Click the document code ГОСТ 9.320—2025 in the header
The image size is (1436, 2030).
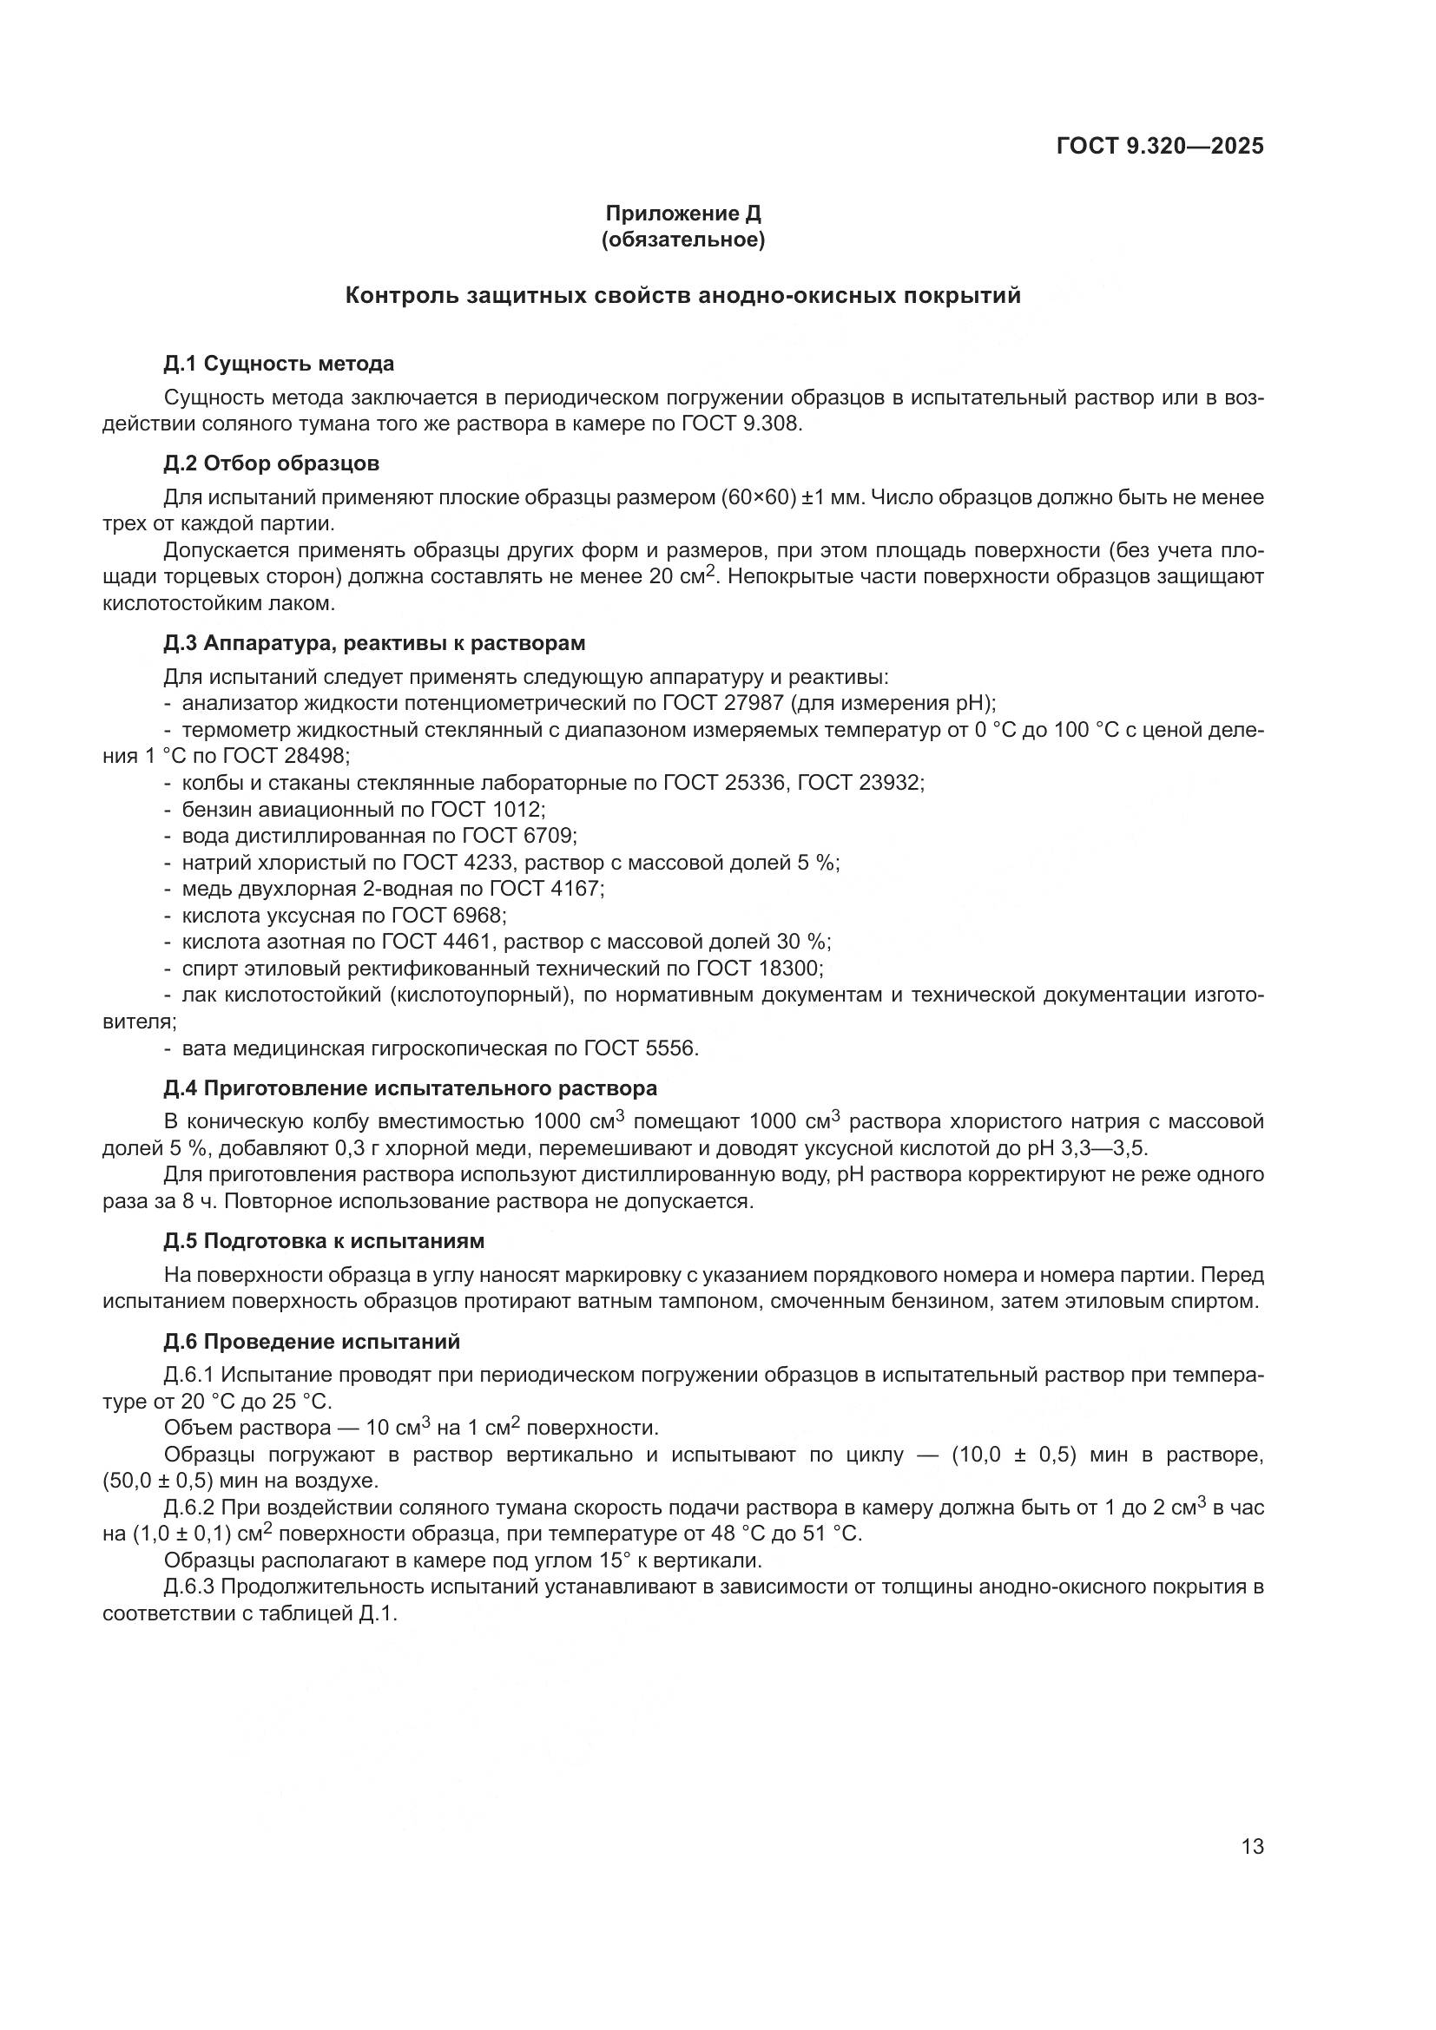[x=1159, y=146]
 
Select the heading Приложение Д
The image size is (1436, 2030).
[x=682, y=214]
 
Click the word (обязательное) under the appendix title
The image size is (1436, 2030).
[x=682, y=240]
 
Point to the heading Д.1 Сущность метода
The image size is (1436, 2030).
[x=279, y=364]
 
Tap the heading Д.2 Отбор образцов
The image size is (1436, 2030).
[x=272, y=463]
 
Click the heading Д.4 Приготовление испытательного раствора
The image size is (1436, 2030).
[x=411, y=1087]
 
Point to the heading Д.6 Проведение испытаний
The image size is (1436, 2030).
[x=312, y=1341]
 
